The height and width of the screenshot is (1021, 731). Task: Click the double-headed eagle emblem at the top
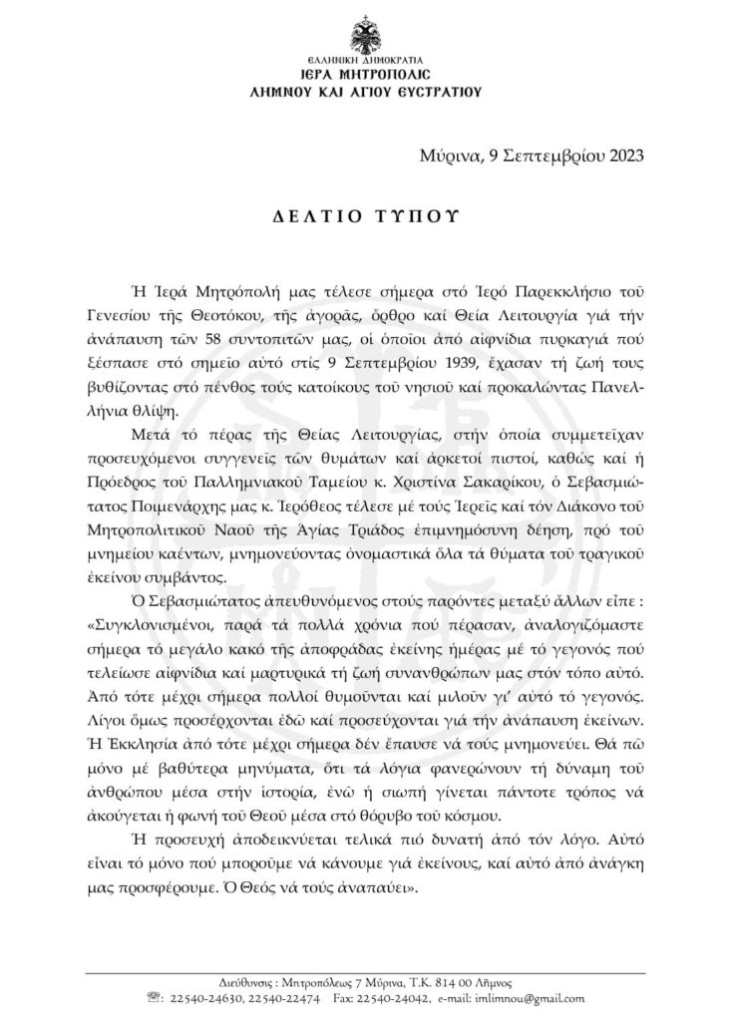pyautogui.click(x=365, y=36)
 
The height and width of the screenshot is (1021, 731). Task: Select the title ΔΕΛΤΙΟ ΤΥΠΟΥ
pyautogui.click(x=365, y=217)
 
